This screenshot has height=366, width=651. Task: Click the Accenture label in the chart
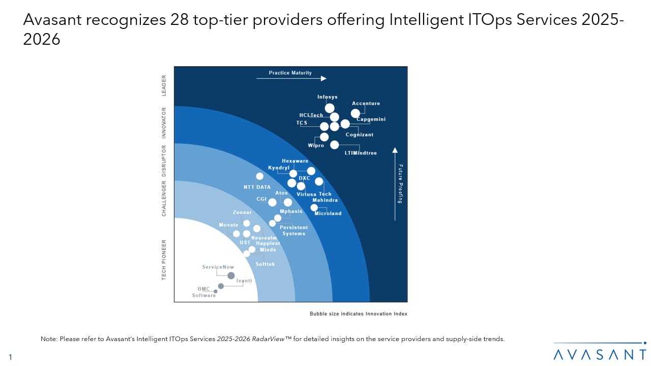pyautogui.click(x=366, y=104)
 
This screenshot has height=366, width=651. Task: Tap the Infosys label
pyautogui.click(x=327, y=97)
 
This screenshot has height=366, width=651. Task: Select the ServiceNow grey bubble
pyautogui.click(x=231, y=276)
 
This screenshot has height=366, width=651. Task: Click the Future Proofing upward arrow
pyautogui.click(x=395, y=183)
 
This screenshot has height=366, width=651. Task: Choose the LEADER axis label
pyautogui.click(x=164, y=85)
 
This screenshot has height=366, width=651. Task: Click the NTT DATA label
pyautogui.click(x=257, y=187)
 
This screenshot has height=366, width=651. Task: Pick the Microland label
pyautogui.click(x=328, y=213)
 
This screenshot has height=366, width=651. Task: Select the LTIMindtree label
pyautogui.click(x=361, y=153)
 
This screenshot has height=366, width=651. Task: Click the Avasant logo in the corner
pyautogui.click(x=600, y=353)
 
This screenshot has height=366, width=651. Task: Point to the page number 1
pyautogui.click(x=10, y=357)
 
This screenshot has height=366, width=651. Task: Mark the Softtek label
pyautogui.click(x=265, y=264)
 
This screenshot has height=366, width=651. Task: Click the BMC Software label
pyautogui.click(x=204, y=292)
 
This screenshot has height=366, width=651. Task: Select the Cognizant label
pyautogui.click(x=360, y=135)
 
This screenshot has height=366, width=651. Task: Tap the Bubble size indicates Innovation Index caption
pyautogui.click(x=359, y=314)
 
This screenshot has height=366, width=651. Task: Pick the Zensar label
pyautogui.click(x=242, y=212)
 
